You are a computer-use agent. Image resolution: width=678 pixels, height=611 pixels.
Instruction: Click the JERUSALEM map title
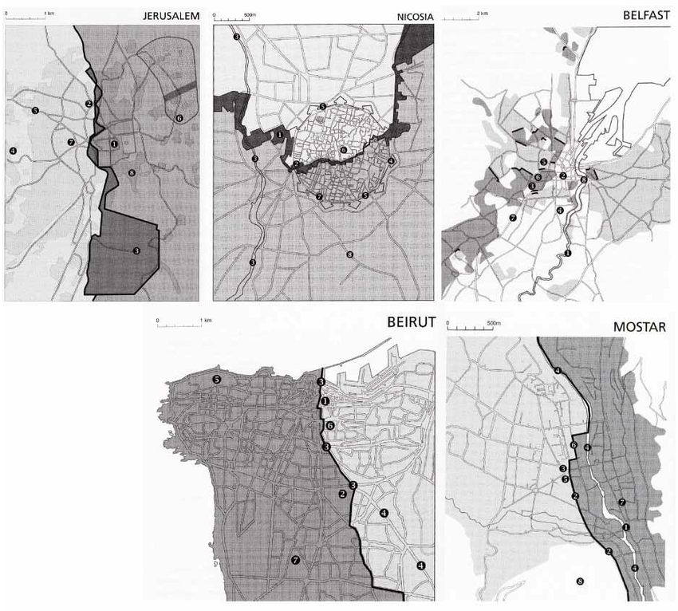pyautogui.click(x=171, y=17)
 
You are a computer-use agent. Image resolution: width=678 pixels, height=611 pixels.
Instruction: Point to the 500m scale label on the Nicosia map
pyautogui.click(x=249, y=14)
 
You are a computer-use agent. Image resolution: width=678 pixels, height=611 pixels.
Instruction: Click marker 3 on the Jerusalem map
pyautogui.click(x=136, y=250)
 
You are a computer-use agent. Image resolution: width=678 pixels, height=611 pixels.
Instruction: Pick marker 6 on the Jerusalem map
pyautogui.click(x=179, y=118)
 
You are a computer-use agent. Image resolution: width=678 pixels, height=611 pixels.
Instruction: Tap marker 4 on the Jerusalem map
pyautogui.click(x=13, y=150)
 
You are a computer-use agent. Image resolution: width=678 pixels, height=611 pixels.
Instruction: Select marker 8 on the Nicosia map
pyautogui.click(x=349, y=255)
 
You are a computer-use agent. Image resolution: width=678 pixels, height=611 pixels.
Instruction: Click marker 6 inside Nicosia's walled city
pyautogui.click(x=343, y=149)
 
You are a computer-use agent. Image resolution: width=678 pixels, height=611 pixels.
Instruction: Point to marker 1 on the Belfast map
pyautogui.click(x=568, y=253)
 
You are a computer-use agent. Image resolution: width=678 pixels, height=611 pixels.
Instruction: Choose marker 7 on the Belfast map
pyautogui.click(x=513, y=217)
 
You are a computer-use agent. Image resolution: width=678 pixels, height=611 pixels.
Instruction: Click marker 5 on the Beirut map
pyautogui.click(x=217, y=380)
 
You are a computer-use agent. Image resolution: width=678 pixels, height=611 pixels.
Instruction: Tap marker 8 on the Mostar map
pyautogui.click(x=580, y=581)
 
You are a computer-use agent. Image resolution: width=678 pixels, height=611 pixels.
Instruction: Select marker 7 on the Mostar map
pyautogui.click(x=621, y=502)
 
